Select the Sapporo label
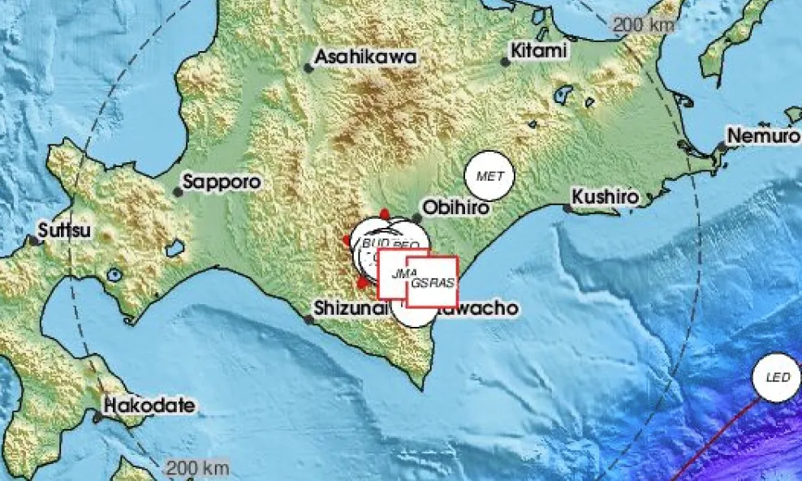pyautogui.click(x=222, y=183)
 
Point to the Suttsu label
pyautogui.click(x=66, y=230)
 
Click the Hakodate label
pyautogui.click(x=150, y=406)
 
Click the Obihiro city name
pyautogui.click(x=457, y=208)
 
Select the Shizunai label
pyautogui.click(x=351, y=308)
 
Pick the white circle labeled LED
pyautogui.click(x=777, y=377)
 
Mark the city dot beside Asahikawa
pyautogui.click(x=309, y=67)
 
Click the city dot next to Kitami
pyautogui.click(x=505, y=62)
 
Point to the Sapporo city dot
pyautogui.click(x=178, y=192)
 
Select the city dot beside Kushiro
pyautogui.click(x=568, y=208)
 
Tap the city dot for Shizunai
pyautogui.click(x=309, y=319)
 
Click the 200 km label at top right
pyautogui.click(x=644, y=25)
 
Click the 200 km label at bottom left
pyautogui.click(x=197, y=468)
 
